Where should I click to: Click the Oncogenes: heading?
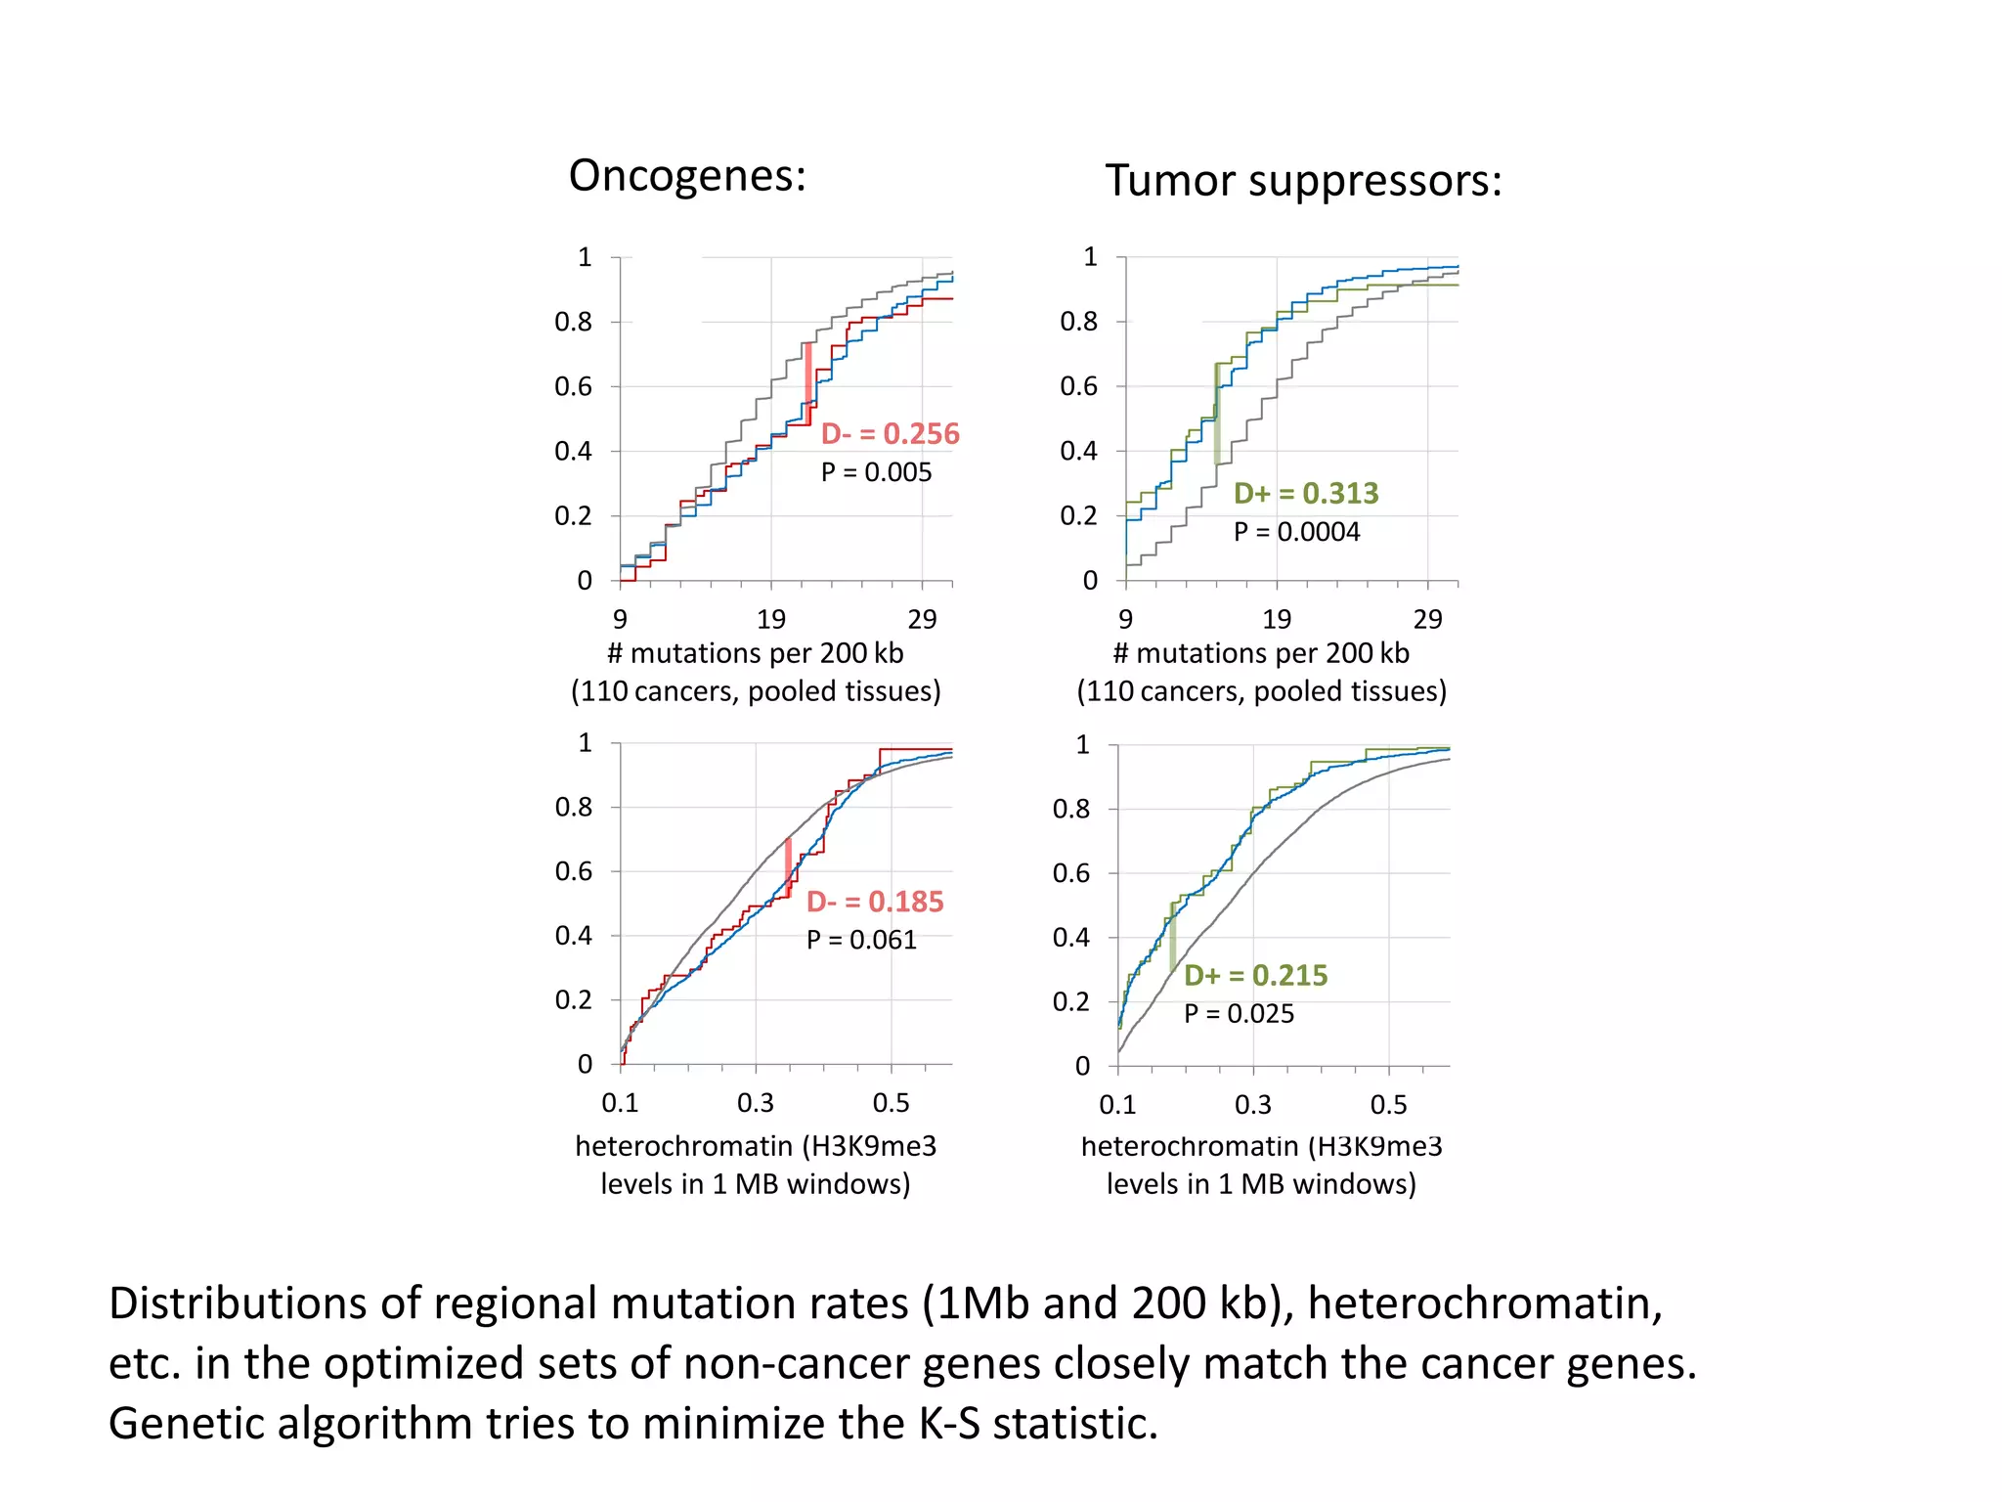[687, 176]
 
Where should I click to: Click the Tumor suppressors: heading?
[1303, 181]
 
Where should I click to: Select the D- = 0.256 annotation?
[890, 433]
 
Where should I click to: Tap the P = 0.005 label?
[876, 472]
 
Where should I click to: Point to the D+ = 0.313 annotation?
[1306, 493]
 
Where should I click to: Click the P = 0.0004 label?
[1296, 532]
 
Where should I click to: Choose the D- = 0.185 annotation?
[875, 902]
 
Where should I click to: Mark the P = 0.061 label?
[861, 940]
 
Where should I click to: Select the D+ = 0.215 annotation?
[1256, 975]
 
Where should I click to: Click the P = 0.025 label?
[1239, 1014]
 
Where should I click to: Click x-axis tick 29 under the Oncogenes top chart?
[922, 619]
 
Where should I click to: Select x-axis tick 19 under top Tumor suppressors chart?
[1277, 619]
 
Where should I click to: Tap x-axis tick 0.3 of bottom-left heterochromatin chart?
[755, 1103]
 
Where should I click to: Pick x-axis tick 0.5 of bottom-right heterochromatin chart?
[1388, 1105]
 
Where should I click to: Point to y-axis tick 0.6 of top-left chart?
[573, 386]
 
